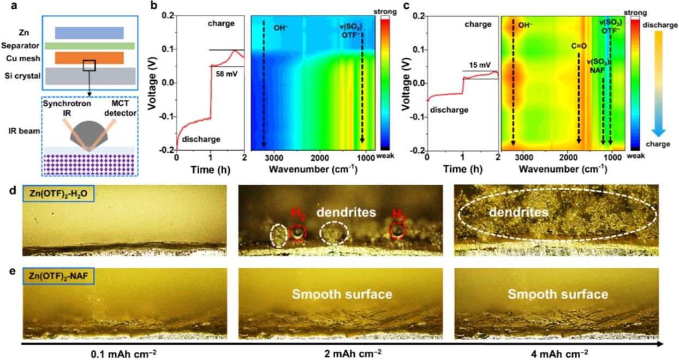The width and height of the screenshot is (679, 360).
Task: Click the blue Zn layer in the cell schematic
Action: coord(89,33)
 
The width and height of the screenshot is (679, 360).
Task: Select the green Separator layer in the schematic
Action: coord(90,46)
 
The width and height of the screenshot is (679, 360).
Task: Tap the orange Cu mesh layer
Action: coord(89,58)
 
